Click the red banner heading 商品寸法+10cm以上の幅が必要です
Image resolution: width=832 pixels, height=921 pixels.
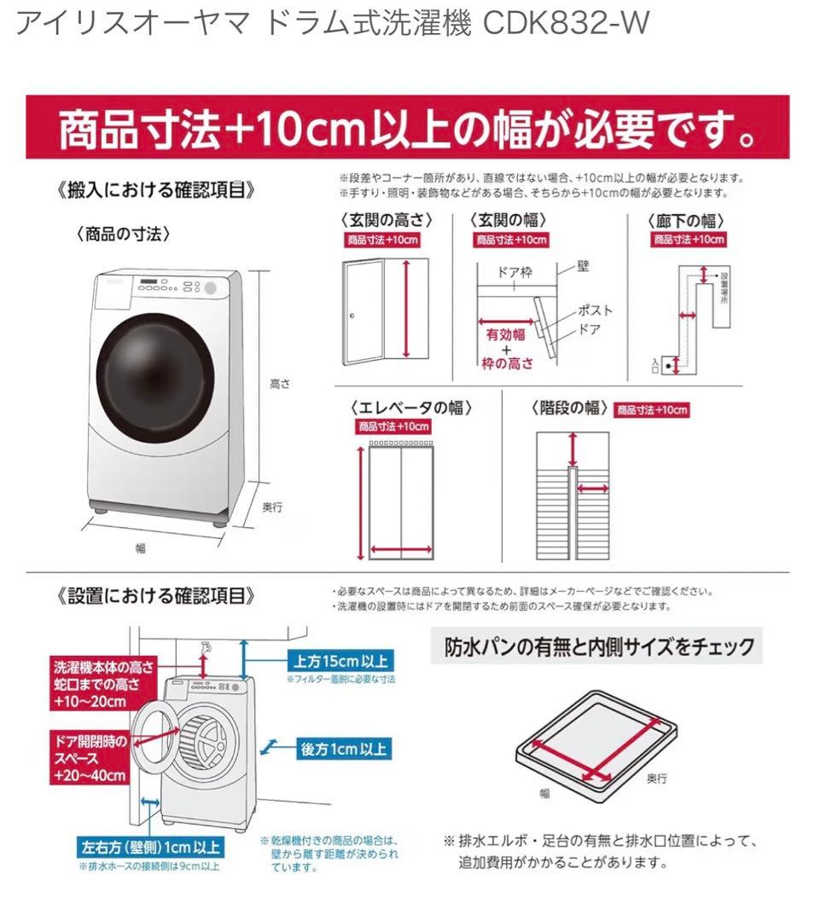[x=408, y=130]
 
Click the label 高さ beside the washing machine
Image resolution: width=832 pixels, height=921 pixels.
[x=280, y=385]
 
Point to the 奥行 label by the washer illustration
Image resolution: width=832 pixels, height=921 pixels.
[x=271, y=507]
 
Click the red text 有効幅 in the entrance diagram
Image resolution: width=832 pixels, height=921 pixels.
[x=505, y=334]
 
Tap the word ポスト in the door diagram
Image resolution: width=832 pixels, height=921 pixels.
[x=595, y=310]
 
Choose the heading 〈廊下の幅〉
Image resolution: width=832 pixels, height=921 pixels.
[x=689, y=220]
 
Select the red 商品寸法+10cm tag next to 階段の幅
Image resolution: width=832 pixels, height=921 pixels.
[x=652, y=410]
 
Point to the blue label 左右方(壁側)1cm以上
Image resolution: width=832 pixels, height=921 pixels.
[x=150, y=849]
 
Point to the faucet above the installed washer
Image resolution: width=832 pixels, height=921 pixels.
[x=205, y=650]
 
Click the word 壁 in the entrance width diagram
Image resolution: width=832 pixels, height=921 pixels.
[x=583, y=267]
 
